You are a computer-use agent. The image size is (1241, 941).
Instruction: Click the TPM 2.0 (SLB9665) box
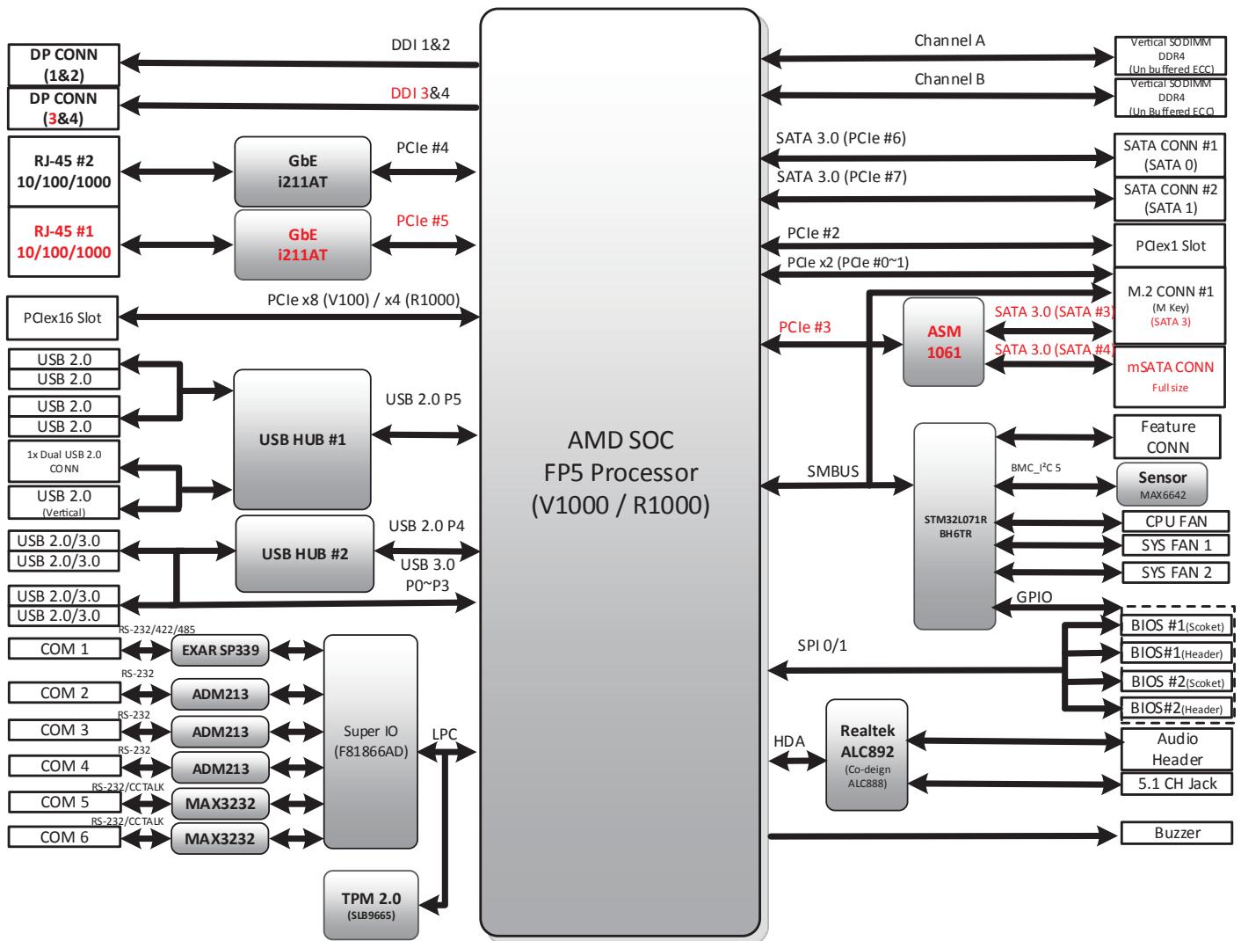tap(371, 904)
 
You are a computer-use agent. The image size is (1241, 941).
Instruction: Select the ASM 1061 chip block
tap(944, 341)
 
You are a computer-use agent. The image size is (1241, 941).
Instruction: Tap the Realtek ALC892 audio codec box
tap(867, 755)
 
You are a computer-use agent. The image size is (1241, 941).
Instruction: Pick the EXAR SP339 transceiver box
tap(220, 650)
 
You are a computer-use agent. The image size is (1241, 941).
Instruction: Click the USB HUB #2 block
tap(304, 554)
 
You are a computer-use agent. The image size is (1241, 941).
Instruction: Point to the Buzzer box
tap(1177, 833)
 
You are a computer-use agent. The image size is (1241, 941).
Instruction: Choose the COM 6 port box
tap(64, 837)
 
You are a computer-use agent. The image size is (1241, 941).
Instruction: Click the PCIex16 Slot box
tap(62, 317)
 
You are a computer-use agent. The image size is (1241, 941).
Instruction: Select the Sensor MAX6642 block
tap(1162, 485)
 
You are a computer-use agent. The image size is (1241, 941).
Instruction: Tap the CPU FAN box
tap(1175, 522)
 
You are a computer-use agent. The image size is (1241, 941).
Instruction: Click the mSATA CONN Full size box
tap(1169, 376)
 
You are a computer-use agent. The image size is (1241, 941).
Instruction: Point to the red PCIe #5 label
tap(423, 221)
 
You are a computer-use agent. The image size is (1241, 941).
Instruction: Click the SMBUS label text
tap(832, 471)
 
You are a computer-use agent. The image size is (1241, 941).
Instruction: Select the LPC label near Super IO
tap(445, 734)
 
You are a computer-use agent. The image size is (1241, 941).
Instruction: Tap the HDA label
tap(788, 740)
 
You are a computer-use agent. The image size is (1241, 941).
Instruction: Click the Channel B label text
tap(949, 79)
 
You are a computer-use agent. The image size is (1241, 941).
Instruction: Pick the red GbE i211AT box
tap(302, 244)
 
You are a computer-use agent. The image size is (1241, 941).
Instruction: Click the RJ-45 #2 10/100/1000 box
tap(64, 171)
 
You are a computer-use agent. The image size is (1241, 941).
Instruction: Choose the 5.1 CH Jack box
tap(1177, 784)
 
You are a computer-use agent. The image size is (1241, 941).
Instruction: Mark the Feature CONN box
tap(1167, 436)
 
